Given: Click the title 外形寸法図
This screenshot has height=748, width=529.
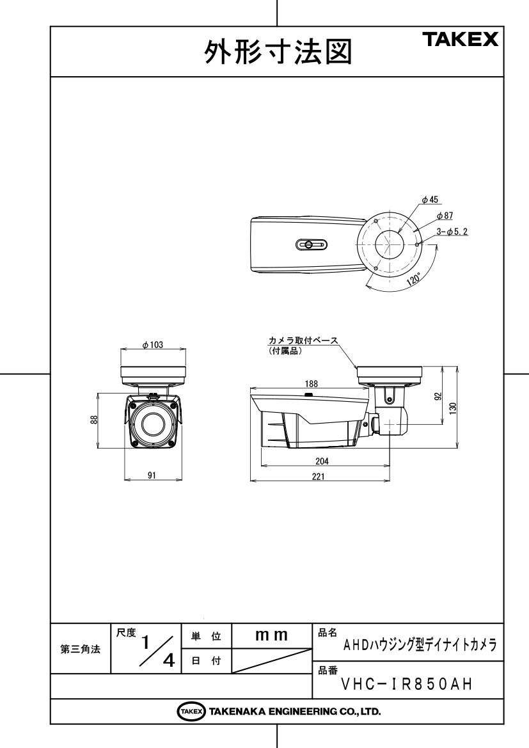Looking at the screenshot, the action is [278, 52].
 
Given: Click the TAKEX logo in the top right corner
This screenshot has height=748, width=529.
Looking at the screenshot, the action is [460, 39].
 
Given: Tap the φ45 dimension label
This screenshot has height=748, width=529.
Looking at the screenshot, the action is [430, 200].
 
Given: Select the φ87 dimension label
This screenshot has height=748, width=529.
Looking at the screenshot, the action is [445, 216].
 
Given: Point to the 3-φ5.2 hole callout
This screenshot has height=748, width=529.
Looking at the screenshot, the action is [452, 232].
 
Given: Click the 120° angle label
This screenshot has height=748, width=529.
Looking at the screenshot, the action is [414, 279].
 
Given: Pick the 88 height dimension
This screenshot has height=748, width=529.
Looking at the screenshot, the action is [95, 420].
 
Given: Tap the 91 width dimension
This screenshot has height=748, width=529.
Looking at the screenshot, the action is [152, 475].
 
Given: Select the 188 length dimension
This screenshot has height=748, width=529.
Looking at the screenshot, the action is [311, 383].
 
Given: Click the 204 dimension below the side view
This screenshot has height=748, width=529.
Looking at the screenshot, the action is [322, 461].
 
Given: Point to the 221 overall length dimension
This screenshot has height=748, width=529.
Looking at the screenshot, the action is [318, 476].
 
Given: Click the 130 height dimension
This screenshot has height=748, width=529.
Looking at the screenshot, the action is [453, 408].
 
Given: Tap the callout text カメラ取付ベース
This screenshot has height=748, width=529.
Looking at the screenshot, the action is [303, 340].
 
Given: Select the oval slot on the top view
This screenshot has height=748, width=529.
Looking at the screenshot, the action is [312, 244].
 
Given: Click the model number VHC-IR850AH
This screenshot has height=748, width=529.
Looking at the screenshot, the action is [407, 685].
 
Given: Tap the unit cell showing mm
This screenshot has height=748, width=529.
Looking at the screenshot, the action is [271, 635].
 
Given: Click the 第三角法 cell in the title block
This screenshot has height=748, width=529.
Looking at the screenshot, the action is [80, 649].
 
